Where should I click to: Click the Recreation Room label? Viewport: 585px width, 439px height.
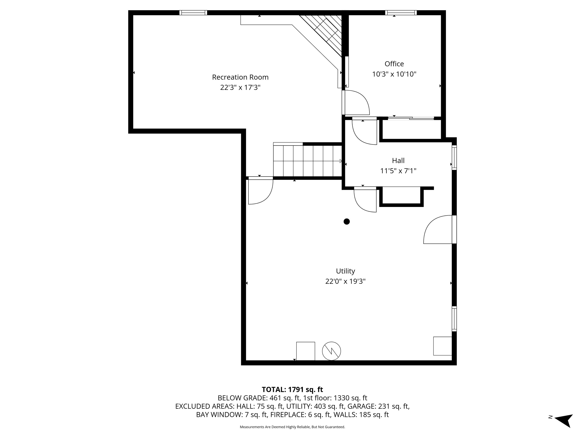pyautogui.click(x=240, y=77)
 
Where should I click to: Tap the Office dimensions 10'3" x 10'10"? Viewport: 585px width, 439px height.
pyautogui.click(x=394, y=74)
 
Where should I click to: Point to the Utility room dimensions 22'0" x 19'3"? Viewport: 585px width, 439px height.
pyautogui.click(x=345, y=281)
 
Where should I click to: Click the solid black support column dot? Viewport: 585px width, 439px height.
pyautogui.click(x=346, y=221)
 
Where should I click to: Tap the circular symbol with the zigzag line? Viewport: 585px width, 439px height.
pyautogui.click(x=331, y=351)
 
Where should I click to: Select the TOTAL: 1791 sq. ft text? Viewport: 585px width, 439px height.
pyautogui.click(x=292, y=389)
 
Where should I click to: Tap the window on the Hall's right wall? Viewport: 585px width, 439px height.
pyautogui.click(x=454, y=157)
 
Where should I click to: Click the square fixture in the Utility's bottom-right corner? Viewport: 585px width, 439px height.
pyautogui.click(x=442, y=346)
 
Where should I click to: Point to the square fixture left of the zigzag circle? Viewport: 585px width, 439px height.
pyautogui.click(x=305, y=351)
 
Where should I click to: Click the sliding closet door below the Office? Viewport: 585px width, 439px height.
pyautogui.click(x=411, y=118)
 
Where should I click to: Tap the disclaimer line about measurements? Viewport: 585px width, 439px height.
pyautogui.click(x=292, y=427)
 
